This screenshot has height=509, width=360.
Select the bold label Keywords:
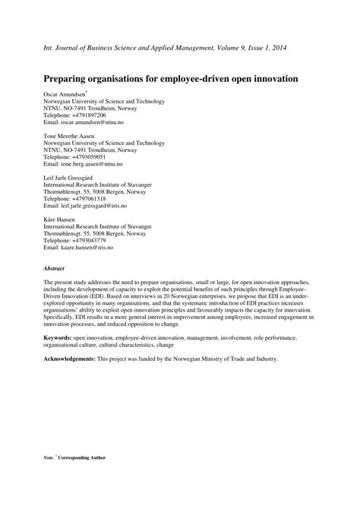(58, 335)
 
